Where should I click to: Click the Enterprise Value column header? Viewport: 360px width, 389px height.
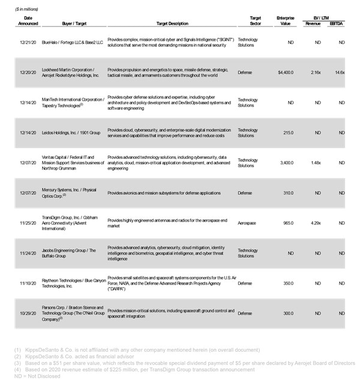click(x=285, y=21)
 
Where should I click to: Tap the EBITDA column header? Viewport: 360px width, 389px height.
click(x=338, y=24)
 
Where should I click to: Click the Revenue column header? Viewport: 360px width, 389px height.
click(x=313, y=24)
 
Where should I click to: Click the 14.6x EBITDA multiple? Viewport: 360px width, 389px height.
click(x=339, y=73)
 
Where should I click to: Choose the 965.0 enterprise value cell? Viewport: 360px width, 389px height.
click(x=287, y=223)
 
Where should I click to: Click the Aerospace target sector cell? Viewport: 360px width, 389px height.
click(x=248, y=223)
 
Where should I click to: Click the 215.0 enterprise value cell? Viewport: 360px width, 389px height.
click(x=287, y=132)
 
